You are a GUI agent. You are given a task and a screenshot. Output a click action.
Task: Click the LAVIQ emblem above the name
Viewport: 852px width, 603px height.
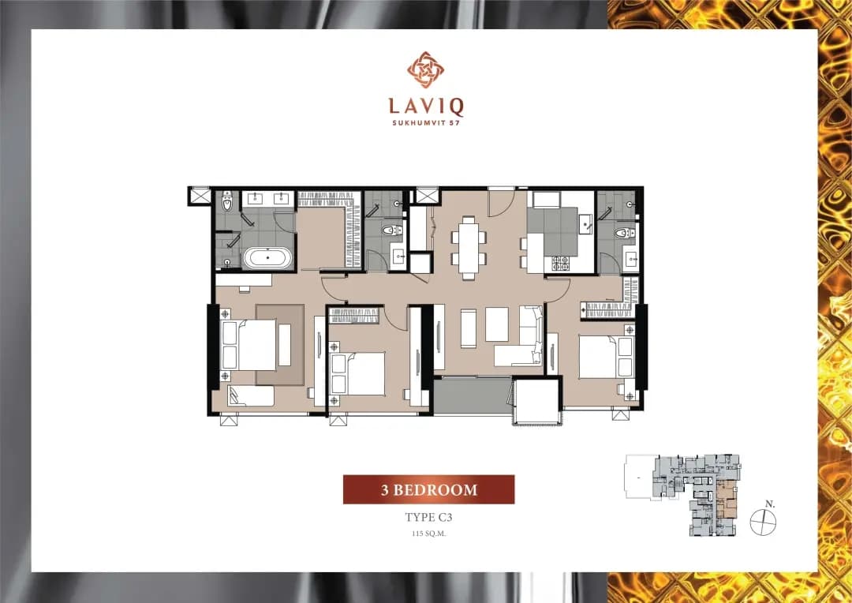(x=426, y=69)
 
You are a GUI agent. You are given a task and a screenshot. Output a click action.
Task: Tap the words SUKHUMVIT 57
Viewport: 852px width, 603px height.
(x=426, y=123)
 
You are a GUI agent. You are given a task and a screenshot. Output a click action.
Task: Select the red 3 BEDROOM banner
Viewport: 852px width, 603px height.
(x=428, y=489)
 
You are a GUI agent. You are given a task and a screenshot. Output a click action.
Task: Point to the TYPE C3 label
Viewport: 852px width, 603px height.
(x=428, y=517)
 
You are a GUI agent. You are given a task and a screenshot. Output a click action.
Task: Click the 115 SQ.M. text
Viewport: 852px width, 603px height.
(x=428, y=534)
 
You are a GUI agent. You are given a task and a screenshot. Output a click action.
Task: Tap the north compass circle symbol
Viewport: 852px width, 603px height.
(x=763, y=522)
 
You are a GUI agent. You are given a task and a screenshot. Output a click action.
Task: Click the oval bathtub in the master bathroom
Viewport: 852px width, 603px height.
(x=267, y=257)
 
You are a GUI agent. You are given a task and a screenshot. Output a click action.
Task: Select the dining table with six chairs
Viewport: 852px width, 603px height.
(x=469, y=247)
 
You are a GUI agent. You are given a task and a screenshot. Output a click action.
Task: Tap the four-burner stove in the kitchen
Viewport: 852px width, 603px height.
(x=560, y=264)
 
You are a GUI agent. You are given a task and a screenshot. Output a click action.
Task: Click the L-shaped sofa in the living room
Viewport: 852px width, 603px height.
(x=519, y=335)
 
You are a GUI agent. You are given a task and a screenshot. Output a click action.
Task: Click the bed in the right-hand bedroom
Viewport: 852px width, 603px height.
(x=607, y=357)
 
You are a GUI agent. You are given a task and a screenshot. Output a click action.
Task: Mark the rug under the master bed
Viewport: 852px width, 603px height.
(x=280, y=345)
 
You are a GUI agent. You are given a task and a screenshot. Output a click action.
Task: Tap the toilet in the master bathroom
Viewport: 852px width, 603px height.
(x=227, y=202)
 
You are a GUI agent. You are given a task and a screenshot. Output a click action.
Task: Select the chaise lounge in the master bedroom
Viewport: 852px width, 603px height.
(x=251, y=396)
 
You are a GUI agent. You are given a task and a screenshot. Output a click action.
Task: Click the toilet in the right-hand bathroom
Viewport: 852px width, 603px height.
(x=625, y=234)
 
